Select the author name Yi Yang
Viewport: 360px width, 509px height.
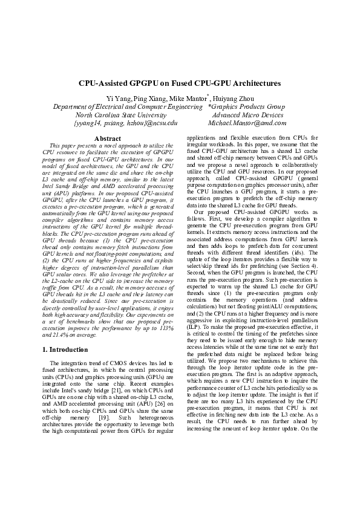pos(117,99)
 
